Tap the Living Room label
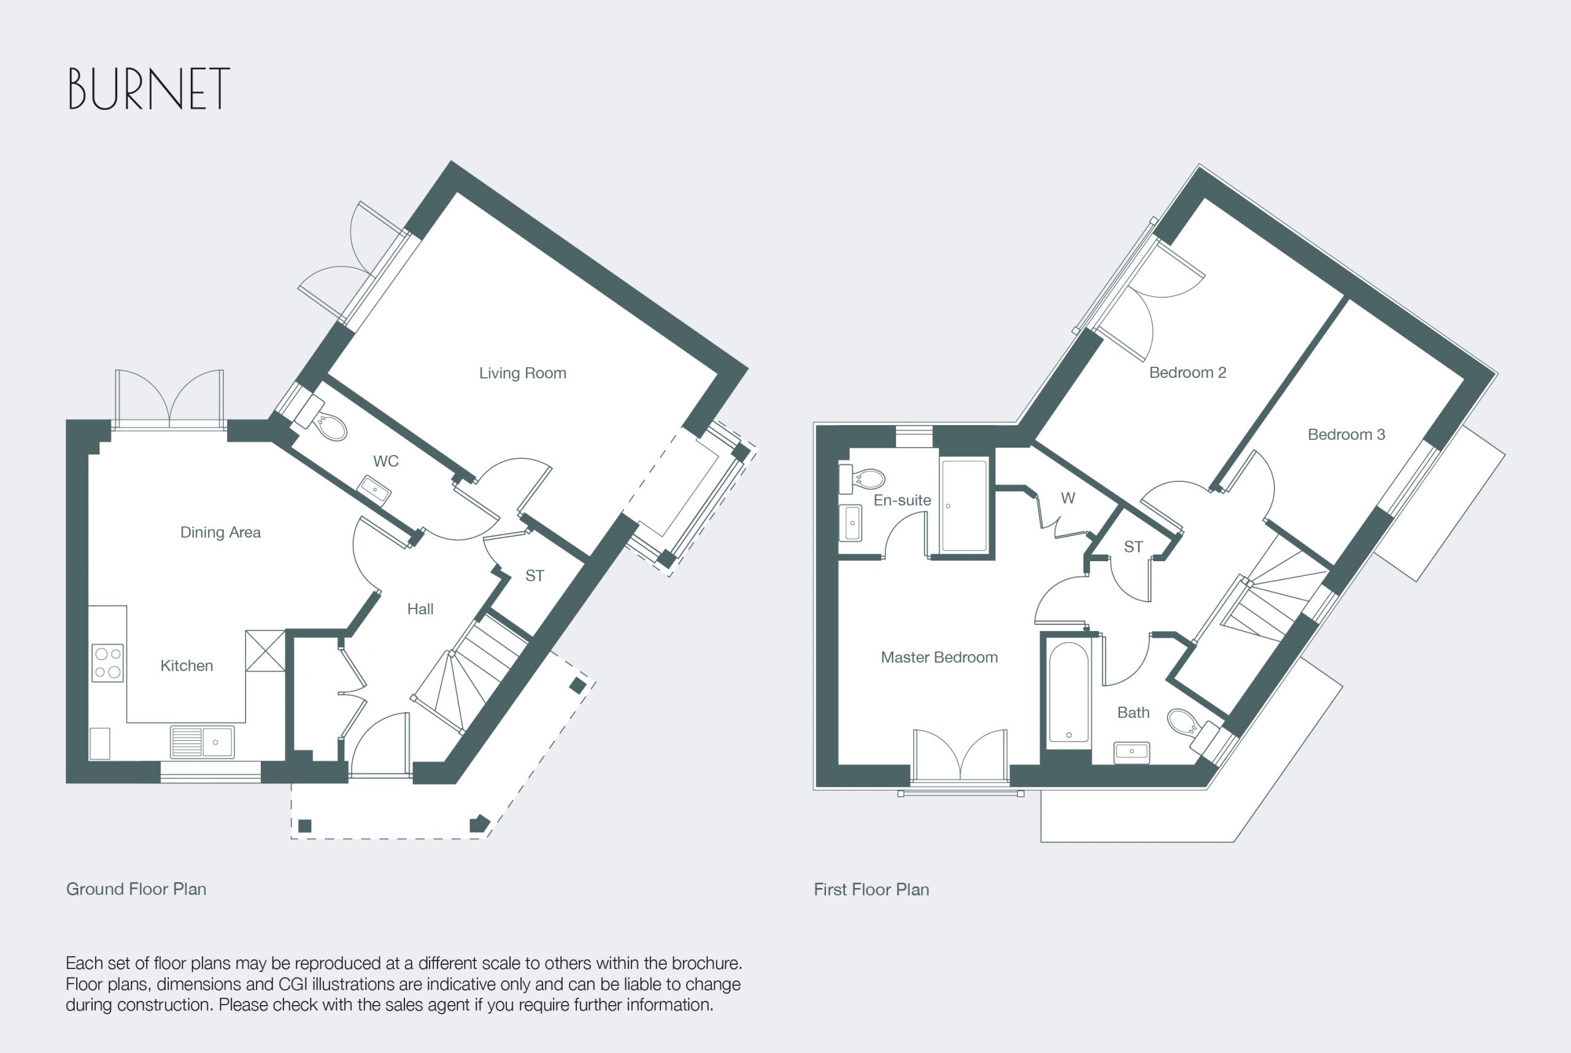tap(522, 373)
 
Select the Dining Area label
tap(220, 532)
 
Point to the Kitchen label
tap(187, 665)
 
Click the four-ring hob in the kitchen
tap(107, 663)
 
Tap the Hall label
tap(420, 609)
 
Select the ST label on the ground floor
tap(534, 575)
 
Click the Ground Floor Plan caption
tap(136, 889)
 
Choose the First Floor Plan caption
tap(871, 889)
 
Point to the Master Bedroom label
tap(939, 657)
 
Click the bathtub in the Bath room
tap(1068, 692)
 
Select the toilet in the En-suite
tap(862, 478)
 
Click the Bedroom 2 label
tap(1187, 372)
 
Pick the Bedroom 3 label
tap(1346, 434)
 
